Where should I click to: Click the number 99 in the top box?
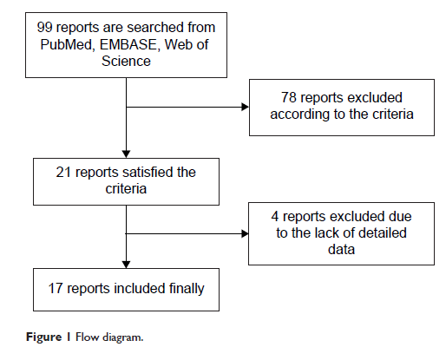[x=44, y=28]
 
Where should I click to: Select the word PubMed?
[x=66, y=44]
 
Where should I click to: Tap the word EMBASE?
[x=128, y=44]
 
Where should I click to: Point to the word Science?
[x=126, y=61]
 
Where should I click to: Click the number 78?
[x=289, y=97]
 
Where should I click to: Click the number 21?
[x=63, y=173]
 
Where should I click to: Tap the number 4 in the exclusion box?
[x=275, y=217]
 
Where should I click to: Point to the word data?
[x=341, y=250]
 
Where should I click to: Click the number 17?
[x=56, y=289]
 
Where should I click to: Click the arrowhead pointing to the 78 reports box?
[x=245, y=107]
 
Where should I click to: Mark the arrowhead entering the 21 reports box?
[x=126, y=154]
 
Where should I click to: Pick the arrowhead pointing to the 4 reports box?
[x=245, y=233]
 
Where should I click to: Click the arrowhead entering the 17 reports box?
[x=126, y=265]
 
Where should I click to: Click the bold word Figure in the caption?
[x=44, y=337]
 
